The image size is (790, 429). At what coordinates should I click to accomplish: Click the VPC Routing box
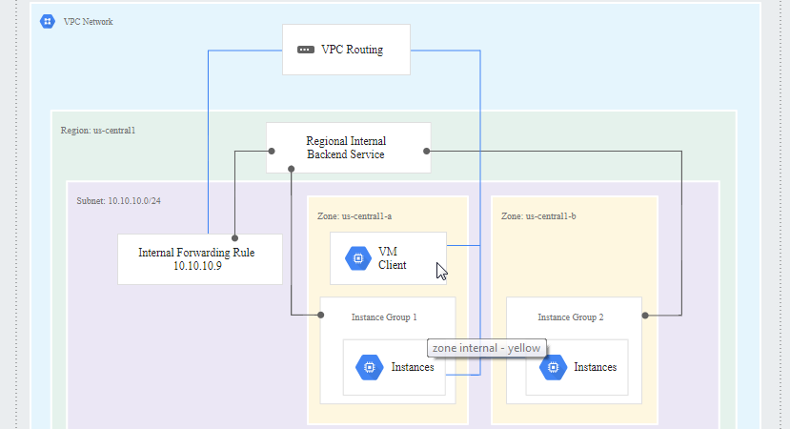click(x=346, y=50)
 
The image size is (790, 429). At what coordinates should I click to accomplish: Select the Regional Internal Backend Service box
click(x=349, y=148)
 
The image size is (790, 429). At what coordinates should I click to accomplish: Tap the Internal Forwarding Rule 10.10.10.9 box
click(x=200, y=259)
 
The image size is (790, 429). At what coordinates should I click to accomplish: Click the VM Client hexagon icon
click(x=358, y=258)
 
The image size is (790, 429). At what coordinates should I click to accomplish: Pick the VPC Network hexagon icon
click(x=48, y=21)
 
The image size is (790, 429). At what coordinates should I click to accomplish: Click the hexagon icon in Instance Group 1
click(x=370, y=367)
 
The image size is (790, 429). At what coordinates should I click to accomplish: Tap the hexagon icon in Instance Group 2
click(x=554, y=367)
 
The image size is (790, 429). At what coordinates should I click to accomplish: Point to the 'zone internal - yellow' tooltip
click(x=486, y=348)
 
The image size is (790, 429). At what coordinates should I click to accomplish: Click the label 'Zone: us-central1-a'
click(x=354, y=216)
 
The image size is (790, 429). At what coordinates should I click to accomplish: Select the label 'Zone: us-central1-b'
click(x=538, y=216)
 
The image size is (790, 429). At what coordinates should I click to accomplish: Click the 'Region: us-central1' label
click(x=98, y=130)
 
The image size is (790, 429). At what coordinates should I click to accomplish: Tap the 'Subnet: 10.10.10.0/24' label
click(x=118, y=200)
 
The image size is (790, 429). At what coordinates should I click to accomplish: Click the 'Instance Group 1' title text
click(x=384, y=317)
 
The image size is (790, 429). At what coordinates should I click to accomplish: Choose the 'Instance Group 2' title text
click(x=570, y=317)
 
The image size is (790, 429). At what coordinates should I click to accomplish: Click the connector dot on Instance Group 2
click(x=645, y=316)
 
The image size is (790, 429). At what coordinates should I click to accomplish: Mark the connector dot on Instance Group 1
click(x=321, y=315)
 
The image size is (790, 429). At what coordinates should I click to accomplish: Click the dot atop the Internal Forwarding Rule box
click(x=234, y=238)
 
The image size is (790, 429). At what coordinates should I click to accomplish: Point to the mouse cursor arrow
click(x=441, y=272)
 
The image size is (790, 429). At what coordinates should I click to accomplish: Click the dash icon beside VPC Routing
click(x=306, y=50)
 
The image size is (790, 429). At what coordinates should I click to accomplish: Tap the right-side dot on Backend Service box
click(x=427, y=152)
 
